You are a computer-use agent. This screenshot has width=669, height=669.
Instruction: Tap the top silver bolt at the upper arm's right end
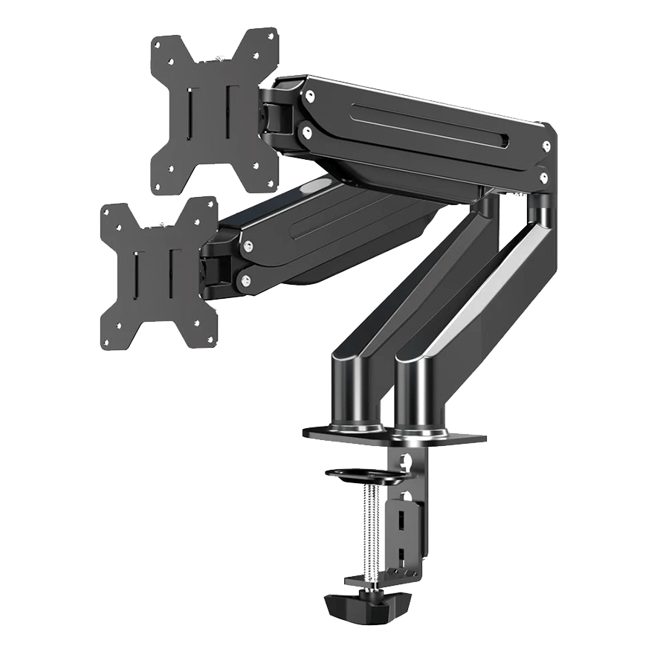(x=546, y=146)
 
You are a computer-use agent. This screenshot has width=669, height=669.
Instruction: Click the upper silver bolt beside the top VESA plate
(x=308, y=95)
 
